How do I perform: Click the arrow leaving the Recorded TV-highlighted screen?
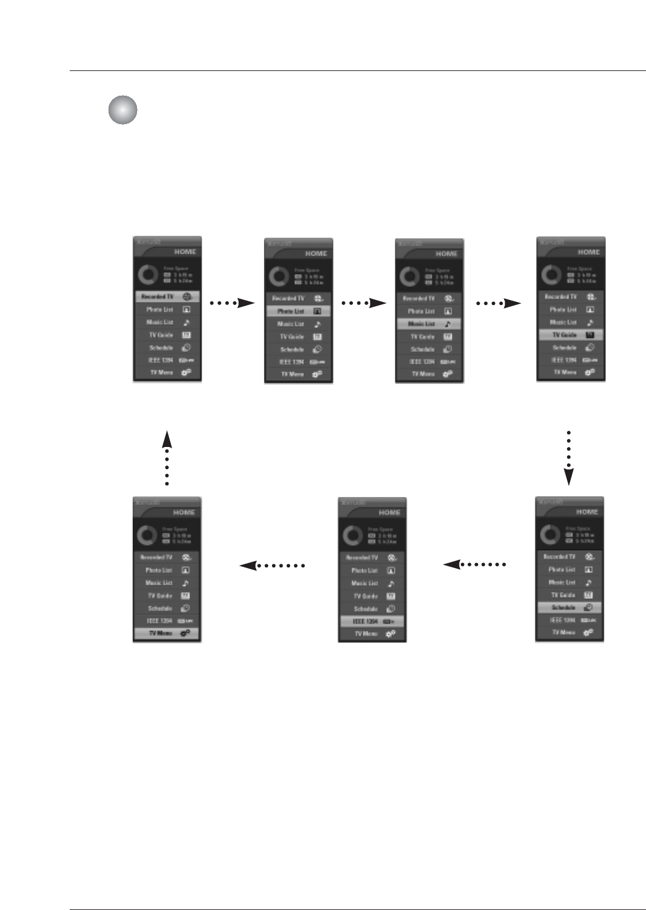pos(232,303)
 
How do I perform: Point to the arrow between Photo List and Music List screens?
pos(363,303)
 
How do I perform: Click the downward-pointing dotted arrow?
pos(569,457)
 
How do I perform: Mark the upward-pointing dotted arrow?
pos(167,457)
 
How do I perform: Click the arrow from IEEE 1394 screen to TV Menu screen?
pos(272,565)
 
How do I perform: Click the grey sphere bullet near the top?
pos(123,111)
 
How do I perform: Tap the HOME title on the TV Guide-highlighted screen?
pos(589,252)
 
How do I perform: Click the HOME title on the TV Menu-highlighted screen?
pos(184,512)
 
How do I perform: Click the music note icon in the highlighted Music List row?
pos(449,324)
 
